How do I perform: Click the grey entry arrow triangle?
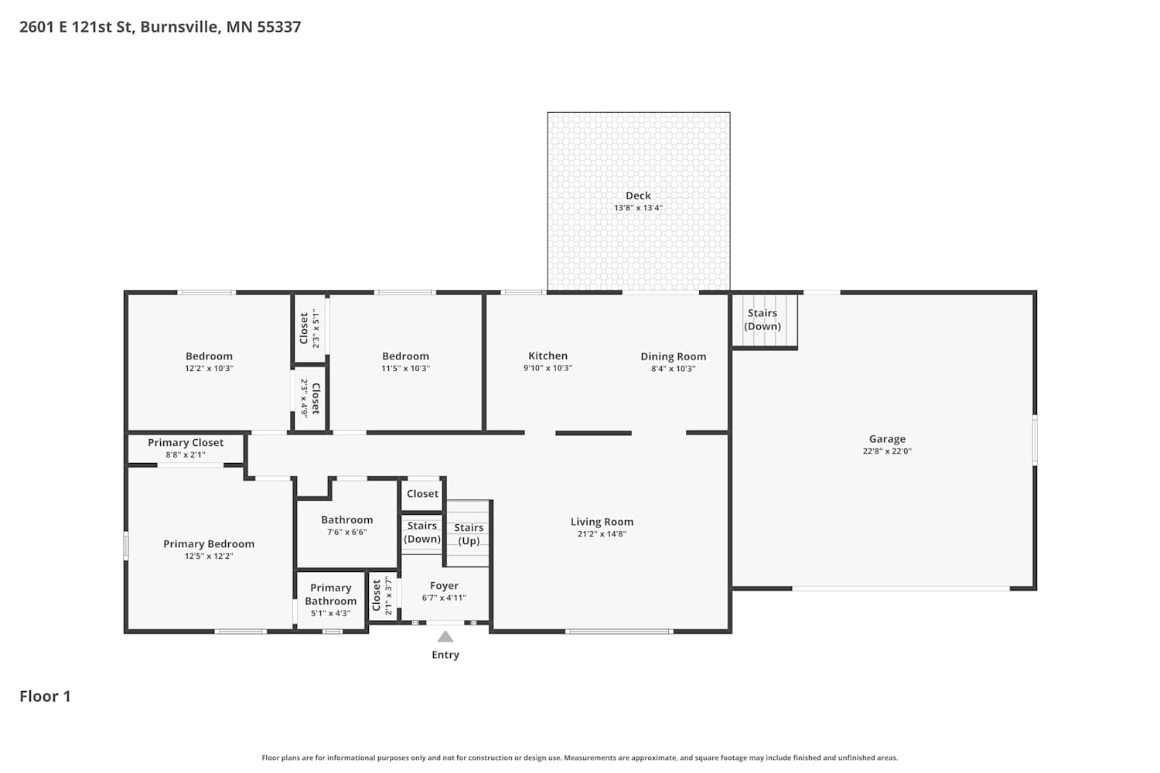click(445, 636)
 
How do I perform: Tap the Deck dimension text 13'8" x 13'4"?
click(638, 208)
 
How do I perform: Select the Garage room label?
click(887, 439)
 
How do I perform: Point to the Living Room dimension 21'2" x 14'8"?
click(602, 534)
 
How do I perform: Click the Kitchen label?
click(548, 356)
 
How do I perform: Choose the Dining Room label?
click(674, 356)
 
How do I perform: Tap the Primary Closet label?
click(186, 443)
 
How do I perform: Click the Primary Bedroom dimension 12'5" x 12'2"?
click(209, 557)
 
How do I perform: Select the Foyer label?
click(444, 586)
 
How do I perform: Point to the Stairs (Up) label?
click(469, 534)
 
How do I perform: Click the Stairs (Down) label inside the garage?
click(763, 320)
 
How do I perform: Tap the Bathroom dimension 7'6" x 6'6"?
click(346, 533)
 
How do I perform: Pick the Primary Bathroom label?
click(330, 594)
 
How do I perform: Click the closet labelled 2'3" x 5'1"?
click(309, 329)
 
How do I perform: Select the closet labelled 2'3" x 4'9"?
click(310, 399)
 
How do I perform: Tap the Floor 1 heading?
click(45, 696)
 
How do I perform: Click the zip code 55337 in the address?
click(279, 27)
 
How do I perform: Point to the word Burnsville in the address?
click(179, 27)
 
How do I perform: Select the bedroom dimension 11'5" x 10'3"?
click(405, 369)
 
